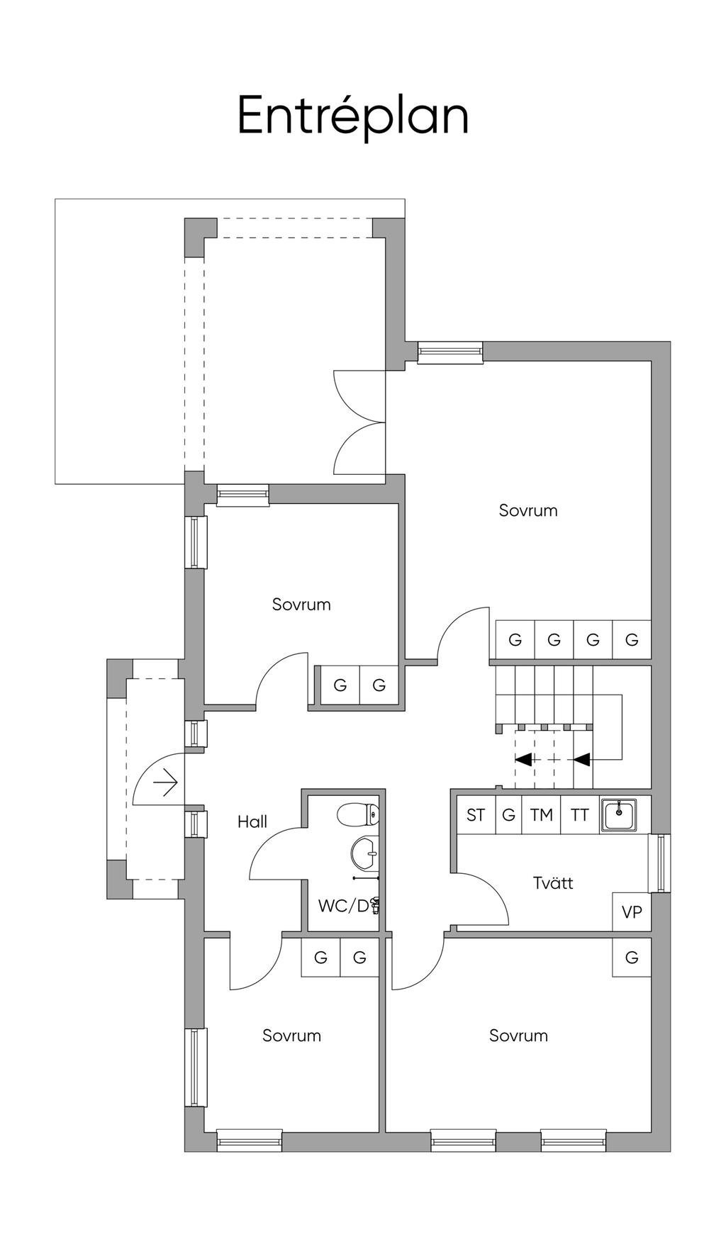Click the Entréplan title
pyautogui.click(x=352, y=116)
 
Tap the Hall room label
pyautogui.click(x=252, y=821)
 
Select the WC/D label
pyautogui.click(x=344, y=905)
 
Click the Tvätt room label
pyautogui.click(x=553, y=882)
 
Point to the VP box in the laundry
pyautogui.click(x=631, y=912)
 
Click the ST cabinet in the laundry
pyautogui.click(x=476, y=815)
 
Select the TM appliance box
pyautogui.click(x=541, y=815)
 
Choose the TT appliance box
pyautogui.click(x=580, y=815)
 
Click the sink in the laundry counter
pyautogui.click(x=619, y=814)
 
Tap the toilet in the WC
pyautogui.click(x=359, y=814)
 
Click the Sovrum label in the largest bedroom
pyautogui.click(x=528, y=510)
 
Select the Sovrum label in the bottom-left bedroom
pyautogui.click(x=291, y=1035)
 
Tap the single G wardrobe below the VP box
pyautogui.click(x=632, y=958)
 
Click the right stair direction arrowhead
pyautogui.click(x=582, y=760)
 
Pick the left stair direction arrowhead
pyautogui.click(x=523, y=760)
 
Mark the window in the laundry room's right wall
pyautogui.click(x=661, y=863)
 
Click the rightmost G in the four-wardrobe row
pyautogui.click(x=632, y=640)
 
